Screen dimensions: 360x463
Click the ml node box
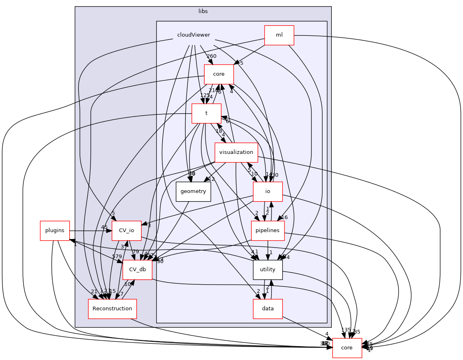279,35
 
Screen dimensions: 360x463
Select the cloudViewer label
194,35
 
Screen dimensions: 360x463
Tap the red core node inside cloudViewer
218,74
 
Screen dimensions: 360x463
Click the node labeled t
206,113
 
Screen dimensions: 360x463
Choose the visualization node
236,152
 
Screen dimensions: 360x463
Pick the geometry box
193,191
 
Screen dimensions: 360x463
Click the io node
268,191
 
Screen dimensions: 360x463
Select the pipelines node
267,230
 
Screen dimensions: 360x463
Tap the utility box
267,270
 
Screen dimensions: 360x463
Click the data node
267,309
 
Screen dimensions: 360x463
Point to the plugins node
55,230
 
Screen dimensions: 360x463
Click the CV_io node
126,230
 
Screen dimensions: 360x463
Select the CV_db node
137,270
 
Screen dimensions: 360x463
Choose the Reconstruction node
112,309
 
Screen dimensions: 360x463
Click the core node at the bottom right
347,348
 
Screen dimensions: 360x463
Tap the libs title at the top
203,11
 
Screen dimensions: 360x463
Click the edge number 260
211,56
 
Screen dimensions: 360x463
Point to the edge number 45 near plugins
104,227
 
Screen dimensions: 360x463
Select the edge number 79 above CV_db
136,252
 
